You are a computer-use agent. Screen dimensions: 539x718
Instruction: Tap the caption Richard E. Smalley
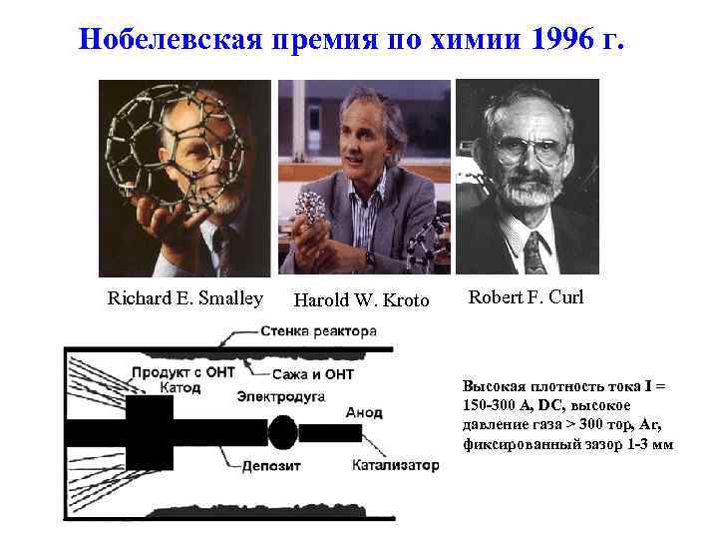coord(185,297)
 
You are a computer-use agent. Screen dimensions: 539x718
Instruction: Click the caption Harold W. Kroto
coord(361,300)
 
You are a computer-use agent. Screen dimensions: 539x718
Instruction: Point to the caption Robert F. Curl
coord(526,296)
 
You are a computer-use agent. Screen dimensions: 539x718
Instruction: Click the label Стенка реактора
coord(318,330)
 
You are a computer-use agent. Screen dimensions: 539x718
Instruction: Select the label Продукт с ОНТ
coord(179,372)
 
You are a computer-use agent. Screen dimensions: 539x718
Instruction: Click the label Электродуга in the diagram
coord(281,396)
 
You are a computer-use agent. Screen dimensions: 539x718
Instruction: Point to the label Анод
coord(364,411)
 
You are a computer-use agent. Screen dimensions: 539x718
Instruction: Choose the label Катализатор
coord(395,464)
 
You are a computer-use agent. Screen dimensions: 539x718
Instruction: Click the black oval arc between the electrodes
coord(282,433)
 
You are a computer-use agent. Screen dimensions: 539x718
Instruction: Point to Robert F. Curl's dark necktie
coord(534,251)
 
